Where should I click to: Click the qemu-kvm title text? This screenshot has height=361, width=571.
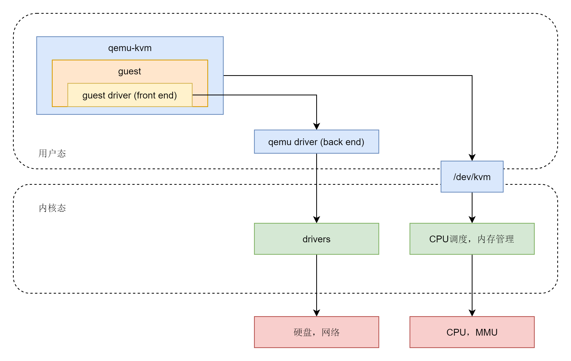pyautogui.click(x=130, y=48)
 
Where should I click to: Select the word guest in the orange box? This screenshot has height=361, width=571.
pyautogui.click(x=130, y=71)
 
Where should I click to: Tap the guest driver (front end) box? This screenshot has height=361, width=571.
pyautogui.click(x=130, y=95)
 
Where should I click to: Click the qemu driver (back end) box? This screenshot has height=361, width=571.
pyautogui.click(x=316, y=142)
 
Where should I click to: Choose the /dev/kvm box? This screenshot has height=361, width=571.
pyautogui.click(x=472, y=177)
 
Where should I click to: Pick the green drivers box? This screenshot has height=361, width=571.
pyautogui.click(x=316, y=239)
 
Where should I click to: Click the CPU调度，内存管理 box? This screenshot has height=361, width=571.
pyautogui.click(x=472, y=239)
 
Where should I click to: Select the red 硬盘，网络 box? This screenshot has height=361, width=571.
pyautogui.click(x=316, y=332)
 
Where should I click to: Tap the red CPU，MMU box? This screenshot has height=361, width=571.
pyautogui.click(x=472, y=332)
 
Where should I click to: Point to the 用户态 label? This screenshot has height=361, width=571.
pyautogui.click(x=52, y=153)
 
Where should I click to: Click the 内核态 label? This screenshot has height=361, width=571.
pyautogui.click(x=52, y=208)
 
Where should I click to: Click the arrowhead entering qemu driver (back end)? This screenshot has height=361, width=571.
pyautogui.click(x=316, y=126)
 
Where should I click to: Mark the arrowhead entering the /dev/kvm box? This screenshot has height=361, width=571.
pyautogui.click(x=472, y=158)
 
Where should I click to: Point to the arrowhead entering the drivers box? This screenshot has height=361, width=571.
pyautogui.click(x=316, y=220)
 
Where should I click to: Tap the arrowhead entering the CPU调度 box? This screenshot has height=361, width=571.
pyautogui.click(x=472, y=220)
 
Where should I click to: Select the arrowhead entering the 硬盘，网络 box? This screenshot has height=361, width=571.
pyautogui.click(x=316, y=313)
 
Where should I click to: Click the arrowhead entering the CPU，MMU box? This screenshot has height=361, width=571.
pyautogui.click(x=472, y=313)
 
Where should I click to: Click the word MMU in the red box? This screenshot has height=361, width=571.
pyautogui.click(x=486, y=332)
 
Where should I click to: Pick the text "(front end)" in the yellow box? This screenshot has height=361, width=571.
pyautogui.click(x=155, y=95)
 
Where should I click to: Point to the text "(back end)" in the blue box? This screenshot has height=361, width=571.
pyautogui.click(x=342, y=142)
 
